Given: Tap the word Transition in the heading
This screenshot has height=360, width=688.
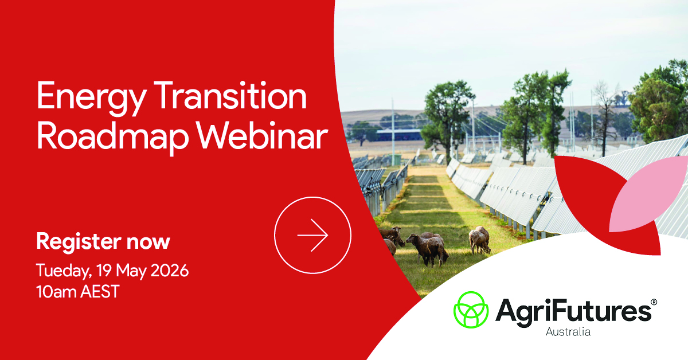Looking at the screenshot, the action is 230,96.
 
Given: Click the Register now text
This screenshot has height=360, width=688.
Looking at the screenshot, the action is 103,242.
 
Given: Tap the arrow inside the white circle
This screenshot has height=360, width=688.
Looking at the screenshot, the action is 312,235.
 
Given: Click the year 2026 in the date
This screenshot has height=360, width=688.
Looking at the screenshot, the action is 170,271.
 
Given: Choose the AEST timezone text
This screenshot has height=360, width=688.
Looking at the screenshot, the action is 100,292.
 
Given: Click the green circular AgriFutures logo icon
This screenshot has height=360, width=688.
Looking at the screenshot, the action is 471,310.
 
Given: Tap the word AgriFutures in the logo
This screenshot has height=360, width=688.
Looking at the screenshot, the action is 573,312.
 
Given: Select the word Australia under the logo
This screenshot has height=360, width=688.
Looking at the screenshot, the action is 568,332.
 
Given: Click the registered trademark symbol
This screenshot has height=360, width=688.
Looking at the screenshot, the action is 654,302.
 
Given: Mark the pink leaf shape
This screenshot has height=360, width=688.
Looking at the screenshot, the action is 647,194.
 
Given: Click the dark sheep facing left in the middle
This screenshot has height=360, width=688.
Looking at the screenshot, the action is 428,249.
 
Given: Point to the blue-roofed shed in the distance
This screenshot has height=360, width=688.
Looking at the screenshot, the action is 399,135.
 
